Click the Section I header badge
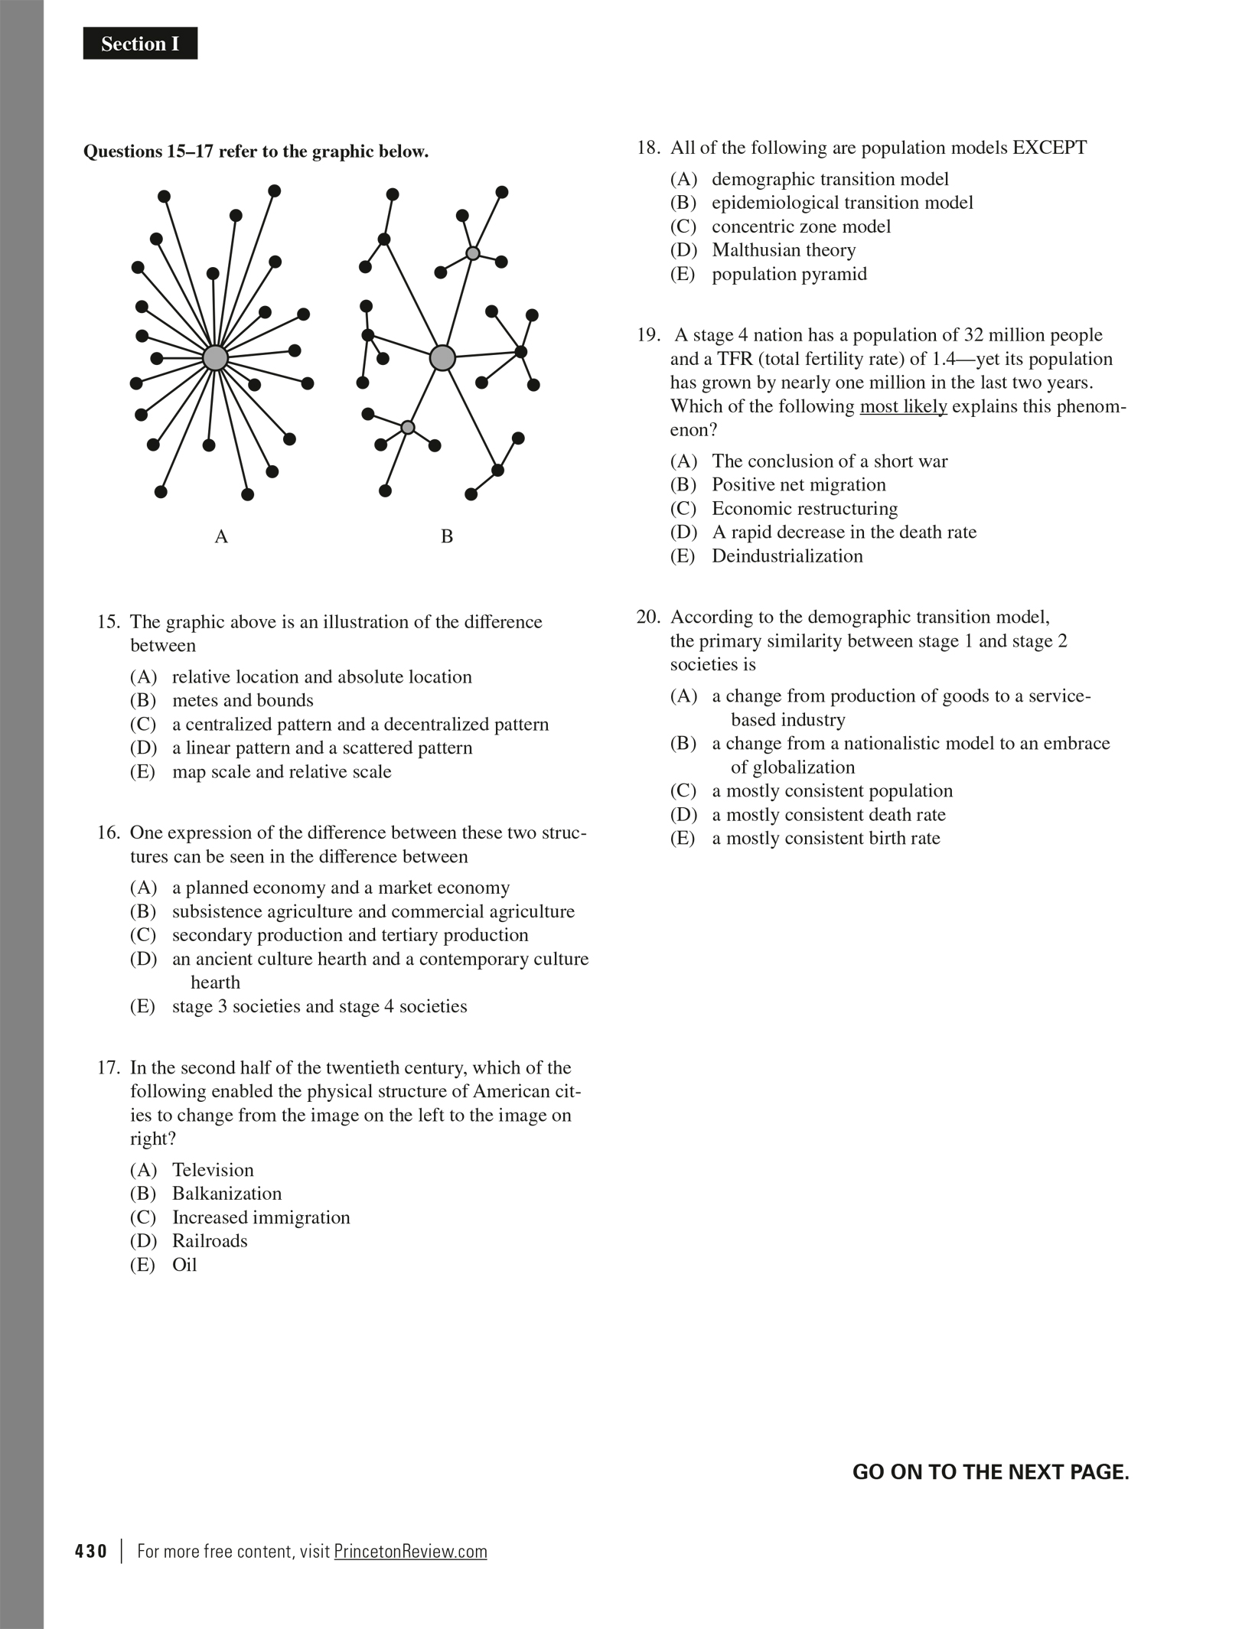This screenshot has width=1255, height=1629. [x=140, y=44]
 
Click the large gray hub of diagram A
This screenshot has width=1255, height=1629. [x=215, y=357]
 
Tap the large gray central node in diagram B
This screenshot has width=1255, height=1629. [x=442, y=357]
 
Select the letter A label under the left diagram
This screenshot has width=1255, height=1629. [x=221, y=537]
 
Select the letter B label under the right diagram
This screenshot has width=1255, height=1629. [x=447, y=537]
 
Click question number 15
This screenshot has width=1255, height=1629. [x=109, y=622]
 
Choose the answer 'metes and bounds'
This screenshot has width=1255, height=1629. [x=243, y=701]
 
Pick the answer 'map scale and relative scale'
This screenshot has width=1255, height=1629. [x=282, y=772]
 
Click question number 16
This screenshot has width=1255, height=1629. [x=109, y=832]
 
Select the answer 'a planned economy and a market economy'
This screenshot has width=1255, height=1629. [x=341, y=888]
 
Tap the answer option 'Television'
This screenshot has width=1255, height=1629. [x=213, y=1170]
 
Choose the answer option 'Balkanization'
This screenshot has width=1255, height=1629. [x=227, y=1194]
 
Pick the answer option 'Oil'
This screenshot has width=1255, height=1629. [x=184, y=1265]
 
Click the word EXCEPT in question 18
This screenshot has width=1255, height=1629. [x=1049, y=148]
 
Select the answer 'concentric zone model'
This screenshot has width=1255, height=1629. [x=801, y=226]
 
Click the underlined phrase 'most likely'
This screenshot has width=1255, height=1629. [x=903, y=406]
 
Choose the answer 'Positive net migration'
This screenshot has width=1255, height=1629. [x=799, y=485]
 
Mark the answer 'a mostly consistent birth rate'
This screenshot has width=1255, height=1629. [x=826, y=839]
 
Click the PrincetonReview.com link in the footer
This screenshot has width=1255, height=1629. [x=410, y=1551]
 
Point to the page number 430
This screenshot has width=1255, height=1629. [x=91, y=1551]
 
